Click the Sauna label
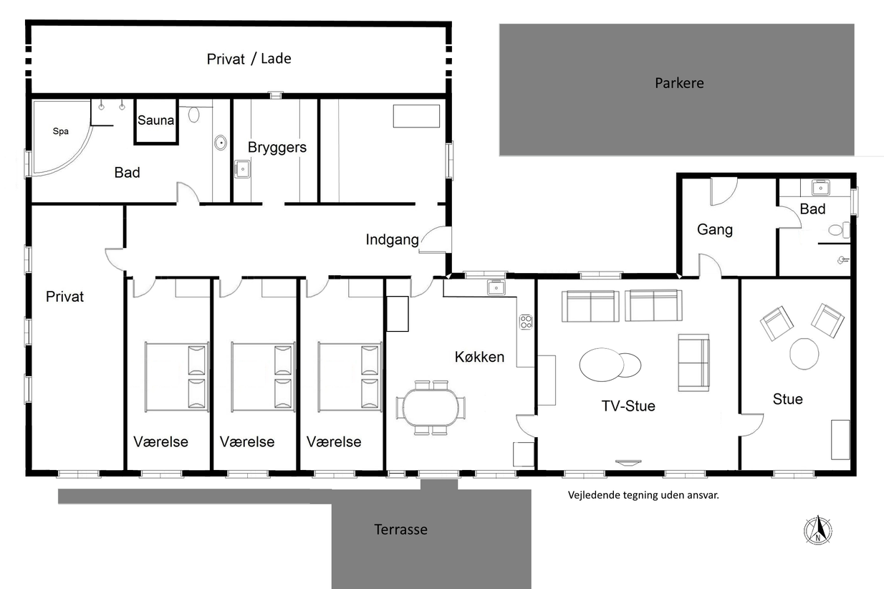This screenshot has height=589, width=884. click(x=155, y=120)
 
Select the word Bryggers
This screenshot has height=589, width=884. click(x=277, y=148)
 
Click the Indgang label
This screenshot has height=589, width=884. click(x=392, y=239)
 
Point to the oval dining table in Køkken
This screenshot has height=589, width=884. click(x=431, y=408)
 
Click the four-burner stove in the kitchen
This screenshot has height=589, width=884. click(x=526, y=322)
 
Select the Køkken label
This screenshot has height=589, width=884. click(x=479, y=357)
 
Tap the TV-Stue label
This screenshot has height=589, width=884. click(x=628, y=406)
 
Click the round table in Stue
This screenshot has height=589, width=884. click(x=804, y=354)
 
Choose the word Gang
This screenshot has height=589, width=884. click(x=715, y=229)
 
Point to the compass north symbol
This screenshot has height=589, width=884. click(x=818, y=530)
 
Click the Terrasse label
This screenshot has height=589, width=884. click(x=400, y=530)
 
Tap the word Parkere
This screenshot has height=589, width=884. click(x=679, y=83)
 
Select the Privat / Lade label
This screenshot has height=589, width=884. click(x=249, y=59)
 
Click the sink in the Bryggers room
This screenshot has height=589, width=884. click(x=242, y=169)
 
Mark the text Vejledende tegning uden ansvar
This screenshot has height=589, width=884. click(x=643, y=495)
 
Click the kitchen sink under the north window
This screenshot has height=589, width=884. click(x=496, y=288)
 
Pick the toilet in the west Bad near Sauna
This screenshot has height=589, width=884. click(x=193, y=115)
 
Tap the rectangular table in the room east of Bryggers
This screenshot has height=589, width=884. click(x=416, y=116)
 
